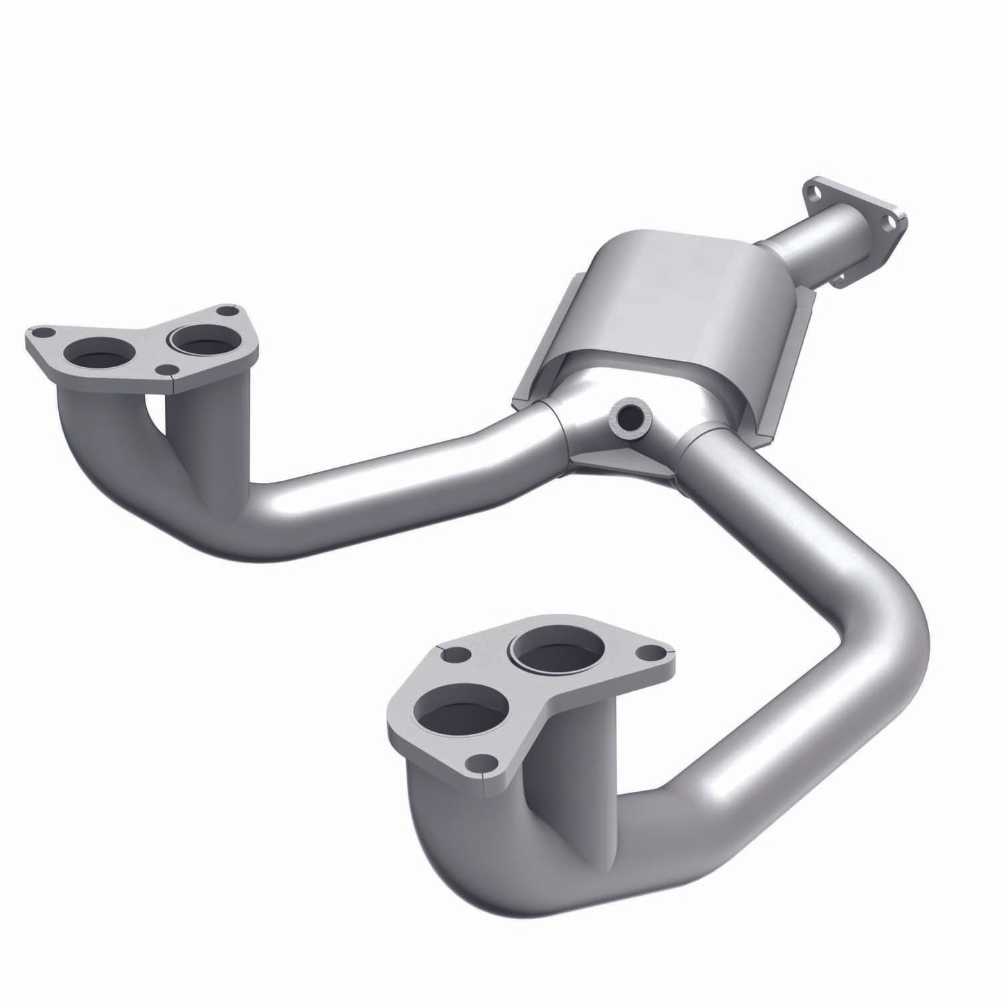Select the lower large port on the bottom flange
click(x=459, y=718)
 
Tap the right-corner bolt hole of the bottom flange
click(x=651, y=652)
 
